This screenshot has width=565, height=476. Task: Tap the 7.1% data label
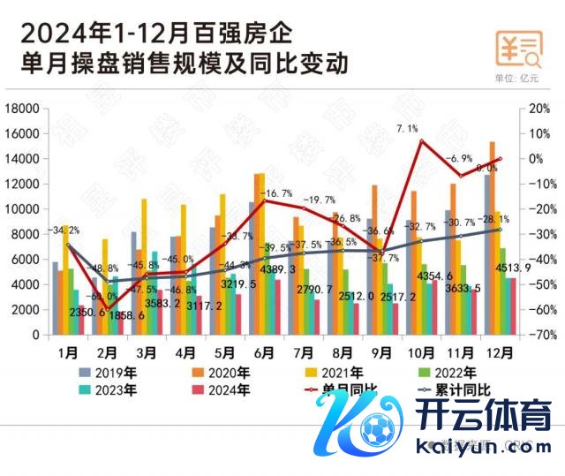[x=407, y=129]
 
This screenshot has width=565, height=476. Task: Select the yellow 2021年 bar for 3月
[x=144, y=267]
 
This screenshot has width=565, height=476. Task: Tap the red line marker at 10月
[x=421, y=141]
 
